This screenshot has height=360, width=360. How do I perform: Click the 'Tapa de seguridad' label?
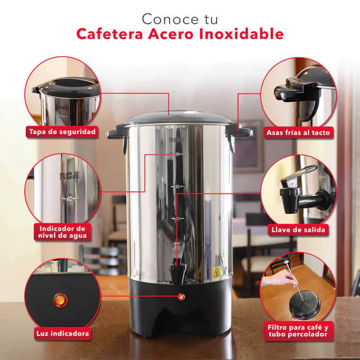click(62, 132)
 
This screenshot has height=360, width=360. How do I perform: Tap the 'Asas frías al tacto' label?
click(298, 132)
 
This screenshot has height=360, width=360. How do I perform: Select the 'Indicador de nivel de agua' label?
click(62, 232)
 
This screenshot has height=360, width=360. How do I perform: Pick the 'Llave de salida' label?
click(298, 230)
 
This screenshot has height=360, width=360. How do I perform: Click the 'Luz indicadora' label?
click(62, 334)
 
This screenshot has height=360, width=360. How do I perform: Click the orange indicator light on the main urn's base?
click(181, 297)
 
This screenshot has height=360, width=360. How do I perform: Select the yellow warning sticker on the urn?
click(216, 272)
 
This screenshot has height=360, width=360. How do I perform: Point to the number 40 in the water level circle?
click(69, 198)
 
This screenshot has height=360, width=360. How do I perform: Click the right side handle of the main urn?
click(242, 133)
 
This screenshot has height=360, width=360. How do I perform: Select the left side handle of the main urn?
click(115, 134)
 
